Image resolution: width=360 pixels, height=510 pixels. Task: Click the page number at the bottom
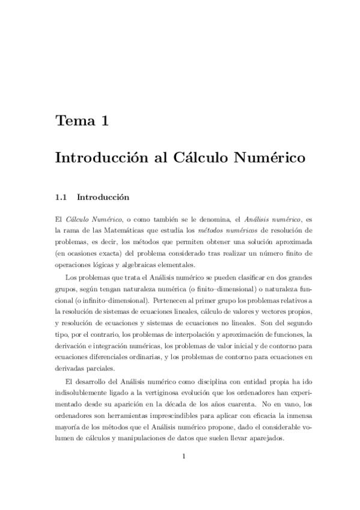pyautogui.click(x=184, y=455)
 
